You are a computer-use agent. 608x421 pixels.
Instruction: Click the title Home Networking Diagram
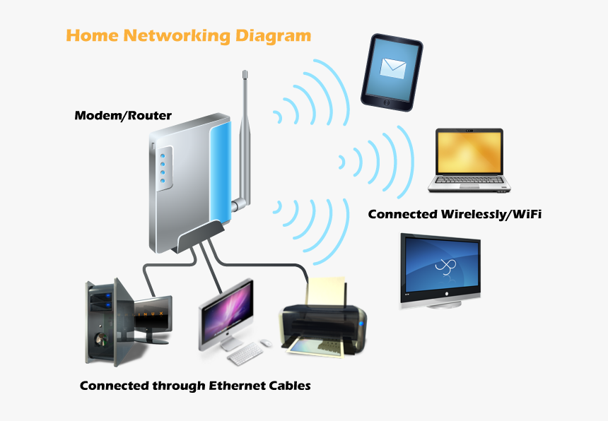click(x=188, y=35)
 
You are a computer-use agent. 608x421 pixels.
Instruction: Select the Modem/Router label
click(x=123, y=115)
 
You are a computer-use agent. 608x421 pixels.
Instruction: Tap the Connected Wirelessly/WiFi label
click(x=455, y=214)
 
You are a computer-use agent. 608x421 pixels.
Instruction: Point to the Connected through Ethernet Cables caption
click(x=195, y=386)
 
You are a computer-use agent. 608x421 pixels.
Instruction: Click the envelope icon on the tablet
click(x=392, y=68)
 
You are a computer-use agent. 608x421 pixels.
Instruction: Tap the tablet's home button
click(x=387, y=103)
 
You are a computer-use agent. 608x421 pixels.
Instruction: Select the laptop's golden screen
click(x=469, y=152)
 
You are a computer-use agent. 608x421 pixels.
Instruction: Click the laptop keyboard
click(x=470, y=183)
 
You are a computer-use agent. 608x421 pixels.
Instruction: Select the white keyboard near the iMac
click(x=246, y=354)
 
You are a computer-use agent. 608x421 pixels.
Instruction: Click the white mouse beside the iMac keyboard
click(x=266, y=343)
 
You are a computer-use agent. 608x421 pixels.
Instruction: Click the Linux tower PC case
click(x=103, y=321)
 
